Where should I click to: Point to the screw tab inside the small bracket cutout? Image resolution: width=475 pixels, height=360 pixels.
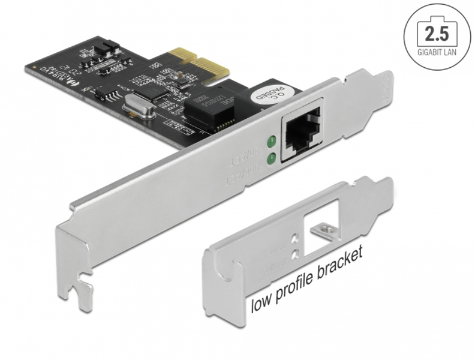tap(327, 229)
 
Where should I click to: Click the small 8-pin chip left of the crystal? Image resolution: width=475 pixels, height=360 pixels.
tap(109, 94)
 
